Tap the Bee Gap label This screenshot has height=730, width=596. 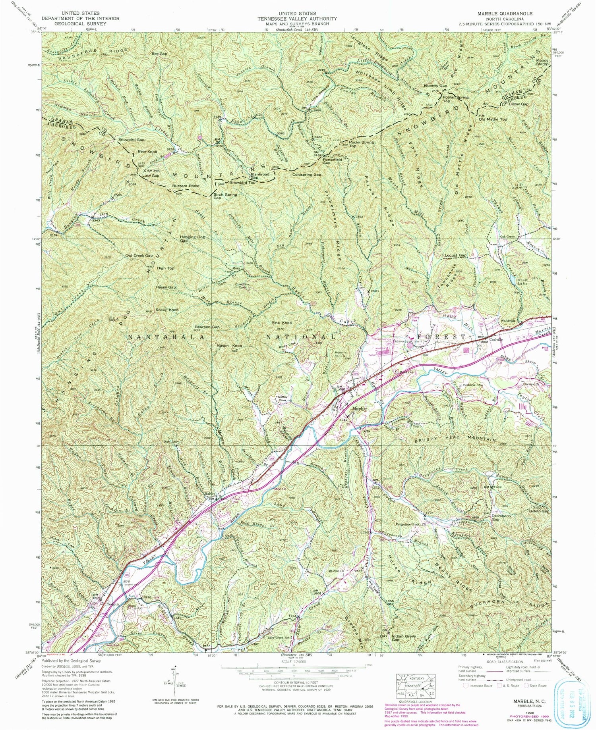point(159,54)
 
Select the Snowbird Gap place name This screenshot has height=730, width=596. point(131,140)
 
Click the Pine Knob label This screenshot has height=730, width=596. point(282,323)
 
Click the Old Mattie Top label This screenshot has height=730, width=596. point(493,119)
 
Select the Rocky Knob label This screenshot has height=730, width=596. point(167,310)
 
